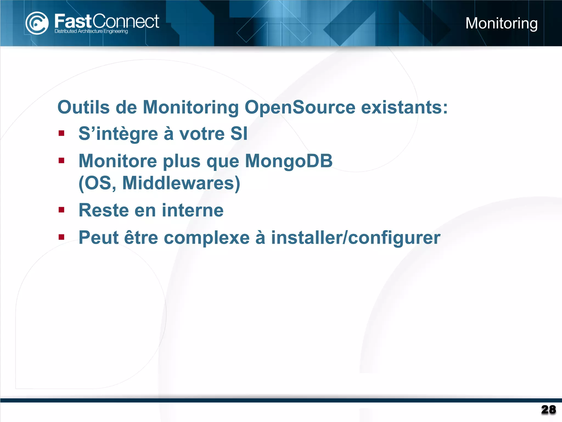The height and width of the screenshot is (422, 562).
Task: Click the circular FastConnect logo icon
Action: [37, 23]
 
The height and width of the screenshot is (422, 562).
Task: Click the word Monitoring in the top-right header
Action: [501, 23]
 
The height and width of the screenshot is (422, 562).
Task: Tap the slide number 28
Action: [548, 410]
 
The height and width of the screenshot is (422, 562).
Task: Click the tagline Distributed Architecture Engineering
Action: [91, 31]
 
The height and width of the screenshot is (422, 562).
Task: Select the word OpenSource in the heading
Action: [300, 107]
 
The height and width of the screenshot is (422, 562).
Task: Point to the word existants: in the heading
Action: [404, 107]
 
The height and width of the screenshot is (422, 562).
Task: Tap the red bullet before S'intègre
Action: [61, 134]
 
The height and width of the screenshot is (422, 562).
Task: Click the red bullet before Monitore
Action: [61, 160]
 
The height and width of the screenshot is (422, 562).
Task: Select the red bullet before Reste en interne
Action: [61, 210]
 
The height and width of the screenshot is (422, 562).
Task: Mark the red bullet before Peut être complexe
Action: [61, 237]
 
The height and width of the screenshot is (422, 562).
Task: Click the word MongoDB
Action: [289, 161]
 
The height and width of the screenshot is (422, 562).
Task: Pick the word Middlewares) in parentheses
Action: [181, 183]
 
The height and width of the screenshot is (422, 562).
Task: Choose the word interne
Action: [193, 210]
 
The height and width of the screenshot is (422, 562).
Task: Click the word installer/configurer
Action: [356, 238]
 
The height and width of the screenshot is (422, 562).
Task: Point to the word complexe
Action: [207, 238]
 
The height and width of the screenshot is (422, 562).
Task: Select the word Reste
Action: [104, 210]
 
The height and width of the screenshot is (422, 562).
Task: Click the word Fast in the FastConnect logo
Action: [73, 21]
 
